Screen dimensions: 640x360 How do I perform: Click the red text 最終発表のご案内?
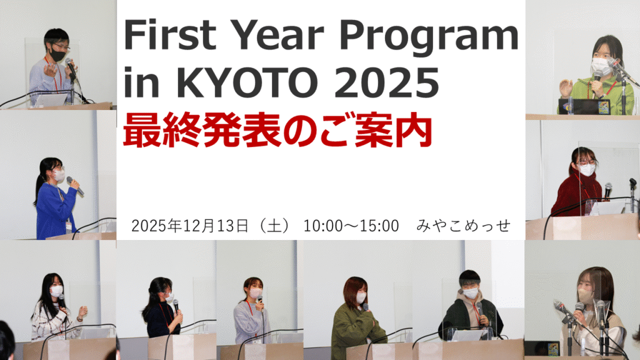(x=277, y=131)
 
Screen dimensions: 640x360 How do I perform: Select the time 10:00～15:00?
(x=351, y=226)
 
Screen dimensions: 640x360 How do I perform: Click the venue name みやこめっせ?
(x=463, y=226)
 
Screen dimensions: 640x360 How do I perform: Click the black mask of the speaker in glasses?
(x=58, y=55)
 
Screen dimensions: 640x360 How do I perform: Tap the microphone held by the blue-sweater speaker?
(x=75, y=185)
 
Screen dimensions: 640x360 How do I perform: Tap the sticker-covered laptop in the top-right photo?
(x=584, y=107)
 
